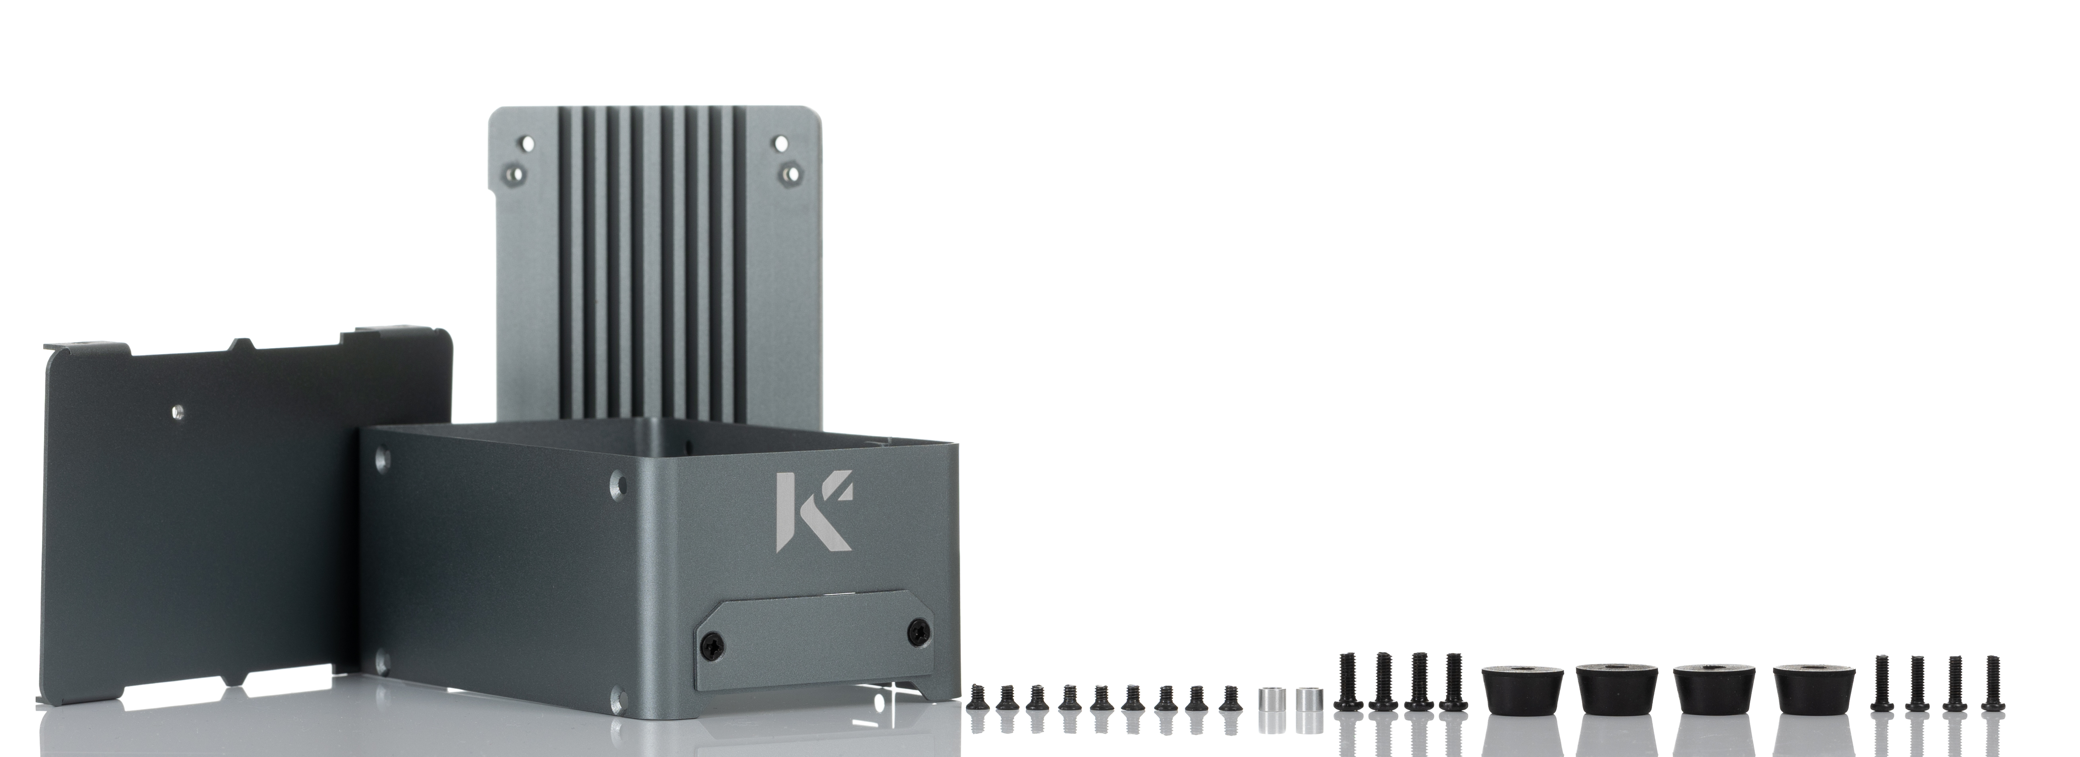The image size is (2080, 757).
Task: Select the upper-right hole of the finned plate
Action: [781, 143]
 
